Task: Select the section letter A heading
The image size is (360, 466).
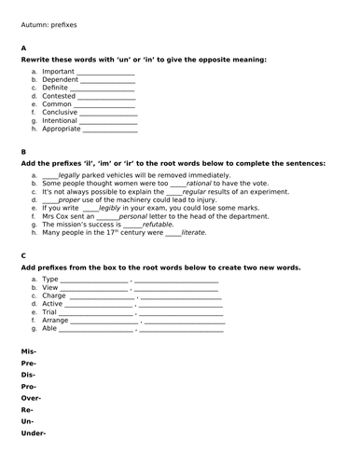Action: [x=23, y=48]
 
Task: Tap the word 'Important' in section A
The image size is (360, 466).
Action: [x=59, y=71]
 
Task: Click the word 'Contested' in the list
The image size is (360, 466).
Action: [x=59, y=96]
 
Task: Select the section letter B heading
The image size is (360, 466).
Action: [x=23, y=152]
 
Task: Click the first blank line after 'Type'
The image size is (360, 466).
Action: [x=94, y=280]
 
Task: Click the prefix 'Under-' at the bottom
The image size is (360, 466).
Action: [x=34, y=432]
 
